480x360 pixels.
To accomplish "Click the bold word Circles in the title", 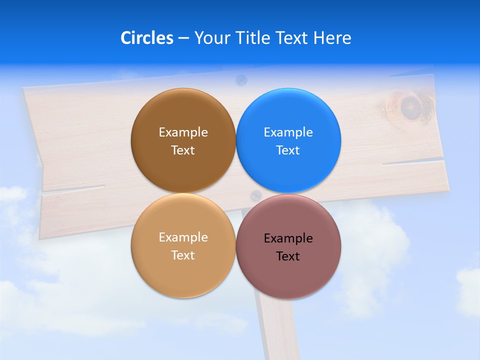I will point(146,37).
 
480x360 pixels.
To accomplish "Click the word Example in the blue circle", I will point(288,132).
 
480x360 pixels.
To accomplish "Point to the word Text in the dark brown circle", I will point(183,150).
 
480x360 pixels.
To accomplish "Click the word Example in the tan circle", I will point(183,237).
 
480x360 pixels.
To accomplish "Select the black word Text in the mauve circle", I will point(288,256).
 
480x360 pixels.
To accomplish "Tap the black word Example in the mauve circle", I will point(288,238).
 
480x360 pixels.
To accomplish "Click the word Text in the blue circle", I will point(288,150).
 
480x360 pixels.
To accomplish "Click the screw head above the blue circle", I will point(241,78).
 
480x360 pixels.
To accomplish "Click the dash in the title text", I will point(183,38).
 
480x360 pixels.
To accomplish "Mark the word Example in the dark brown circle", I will point(183,132).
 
